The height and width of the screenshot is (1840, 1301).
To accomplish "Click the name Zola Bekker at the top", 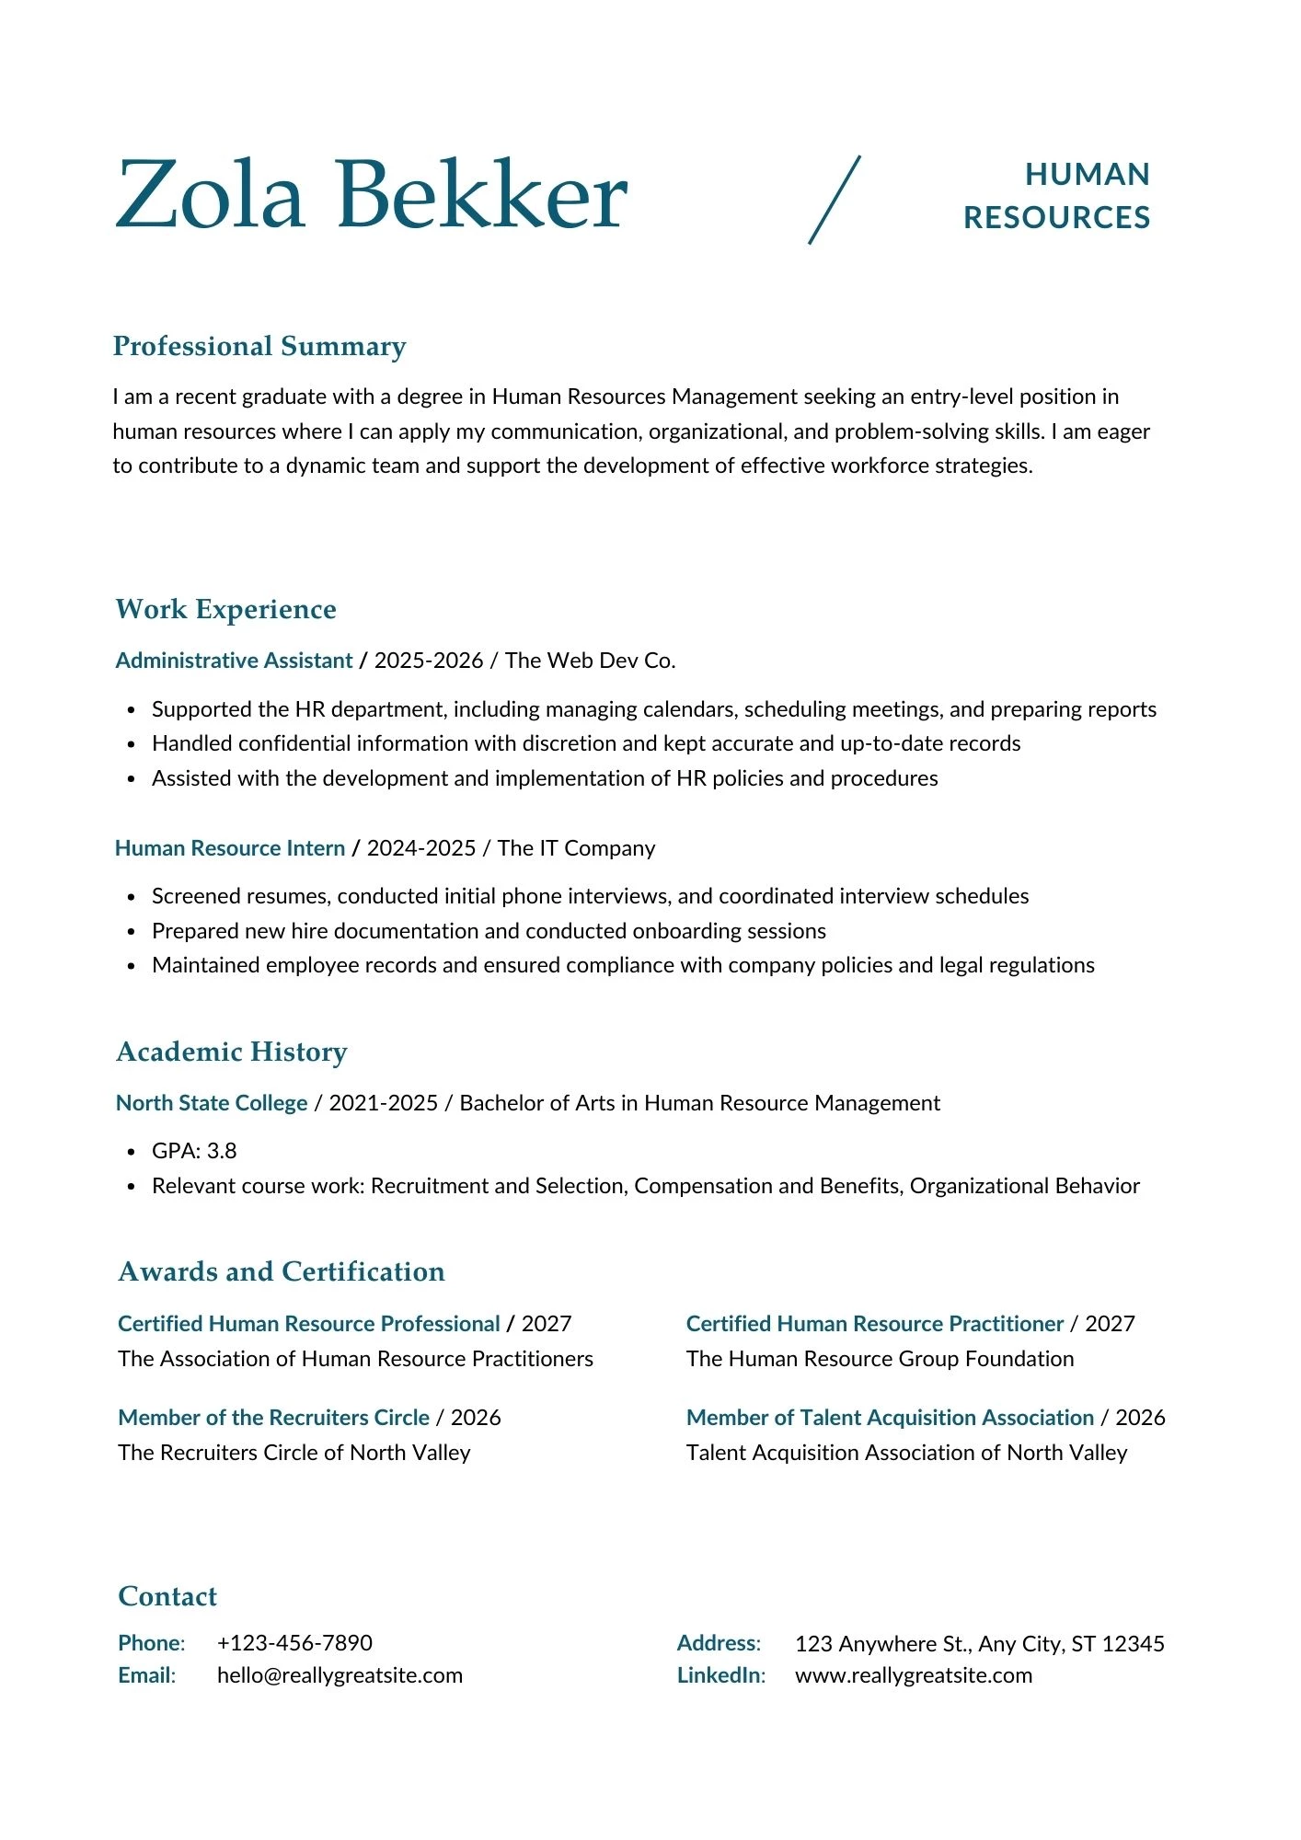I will pyautogui.click(x=371, y=195).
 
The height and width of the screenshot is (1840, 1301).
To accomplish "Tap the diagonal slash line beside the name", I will pyautogui.click(x=835, y=200).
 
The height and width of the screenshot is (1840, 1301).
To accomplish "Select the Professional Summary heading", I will pyautogui.click(x=259, y=346).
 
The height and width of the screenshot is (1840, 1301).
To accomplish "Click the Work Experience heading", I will pyautogui.click(x=225, y=609).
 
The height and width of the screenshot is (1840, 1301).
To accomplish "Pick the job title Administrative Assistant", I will pyautogui.click(x=234, y=661).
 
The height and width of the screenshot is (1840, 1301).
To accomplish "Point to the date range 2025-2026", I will pyautogui.click(x=429, y=661).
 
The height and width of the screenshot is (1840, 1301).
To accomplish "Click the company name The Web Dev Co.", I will pyautogui.click(x=590, y=661).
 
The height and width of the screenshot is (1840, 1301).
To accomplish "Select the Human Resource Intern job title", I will pyautogui.click(x=230, y=848).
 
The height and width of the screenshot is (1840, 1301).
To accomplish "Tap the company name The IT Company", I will pyautogui.click(x=576, y=848).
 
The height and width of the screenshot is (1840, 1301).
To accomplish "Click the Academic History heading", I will pyautogui.click(x=232, y=1052).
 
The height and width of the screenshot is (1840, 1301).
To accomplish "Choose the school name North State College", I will pyautogui.click(x=212, y=1103).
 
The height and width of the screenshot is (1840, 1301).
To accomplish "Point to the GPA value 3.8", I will pyautogui.click(x=221, y=1151).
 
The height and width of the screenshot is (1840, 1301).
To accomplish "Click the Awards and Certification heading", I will pyautogui.click(x=282, y=1271).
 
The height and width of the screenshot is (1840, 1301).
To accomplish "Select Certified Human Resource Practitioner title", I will pyautogui.click(x=874, y=1324).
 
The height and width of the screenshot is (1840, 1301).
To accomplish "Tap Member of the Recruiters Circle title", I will pyautogui.click(x=273, y=1418).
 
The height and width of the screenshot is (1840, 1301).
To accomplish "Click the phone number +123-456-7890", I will pyautogui.click(x=294, y=1643).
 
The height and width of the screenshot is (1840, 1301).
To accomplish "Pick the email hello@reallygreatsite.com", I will pyautogui.click(x=340, y=1675).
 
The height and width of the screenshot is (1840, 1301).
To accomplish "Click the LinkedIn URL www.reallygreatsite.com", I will pyautogui.click(x=913, y=1675).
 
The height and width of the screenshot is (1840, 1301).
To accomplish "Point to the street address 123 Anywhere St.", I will pyautogui.click(x=882, y=1644).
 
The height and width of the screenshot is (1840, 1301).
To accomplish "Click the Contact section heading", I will pyautogui.click(x=167, y=1596).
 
